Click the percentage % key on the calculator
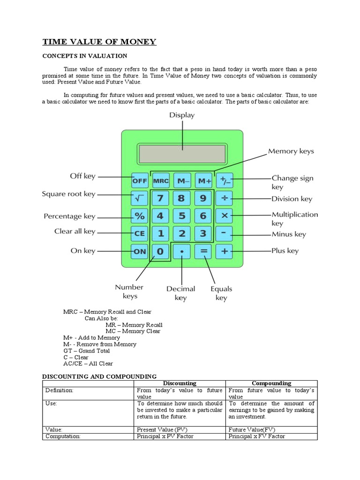click(x=140, y=216)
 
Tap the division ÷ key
click(x=225, y=199)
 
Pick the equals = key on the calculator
click(x=203, y=251)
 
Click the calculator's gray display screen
click(x=182, y=153)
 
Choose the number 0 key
click(x=160, y=251)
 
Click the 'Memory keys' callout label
click(x=291, y=151)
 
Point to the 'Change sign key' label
click(x=292, y=182)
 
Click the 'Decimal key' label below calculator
click(x=180, y=293)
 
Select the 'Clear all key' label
click(x=75, y=231)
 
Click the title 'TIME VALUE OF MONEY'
click(x=99, y=42)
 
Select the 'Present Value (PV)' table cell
click(x=162, y=429)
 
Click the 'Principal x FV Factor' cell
click(x=256, y=436)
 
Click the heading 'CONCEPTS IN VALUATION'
click(x=85, y=56)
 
